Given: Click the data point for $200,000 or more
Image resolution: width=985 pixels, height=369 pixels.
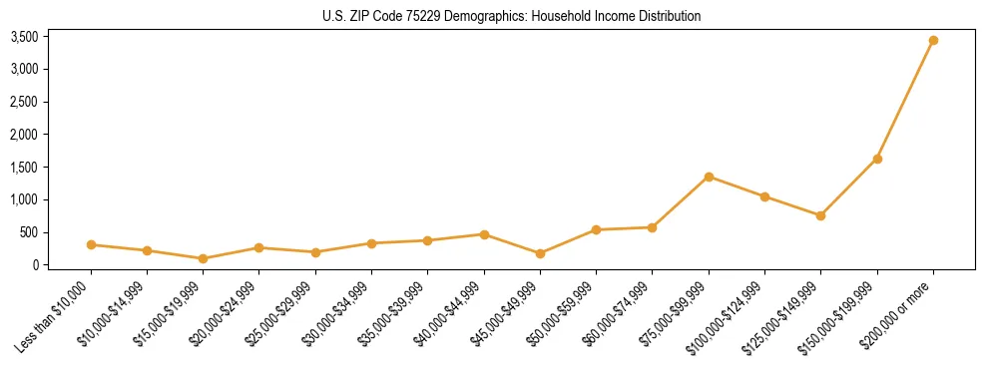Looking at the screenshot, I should [933, 41].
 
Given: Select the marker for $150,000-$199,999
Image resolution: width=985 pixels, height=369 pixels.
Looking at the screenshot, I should [877, 159].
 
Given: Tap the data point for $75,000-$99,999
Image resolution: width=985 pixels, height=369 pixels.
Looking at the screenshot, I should [709, 177].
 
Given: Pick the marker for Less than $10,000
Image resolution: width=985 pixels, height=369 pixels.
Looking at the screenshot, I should [91, 244].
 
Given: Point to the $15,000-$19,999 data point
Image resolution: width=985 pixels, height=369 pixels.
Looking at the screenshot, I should [204, 258].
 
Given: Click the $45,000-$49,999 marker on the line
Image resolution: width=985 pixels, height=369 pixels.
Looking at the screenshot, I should [540, 253].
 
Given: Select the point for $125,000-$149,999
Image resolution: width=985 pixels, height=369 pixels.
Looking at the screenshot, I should [820, 215].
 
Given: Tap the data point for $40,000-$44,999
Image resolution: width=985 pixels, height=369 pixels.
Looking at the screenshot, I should [484, 234].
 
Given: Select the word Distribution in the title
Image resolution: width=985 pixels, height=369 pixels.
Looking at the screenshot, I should [667, 16].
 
